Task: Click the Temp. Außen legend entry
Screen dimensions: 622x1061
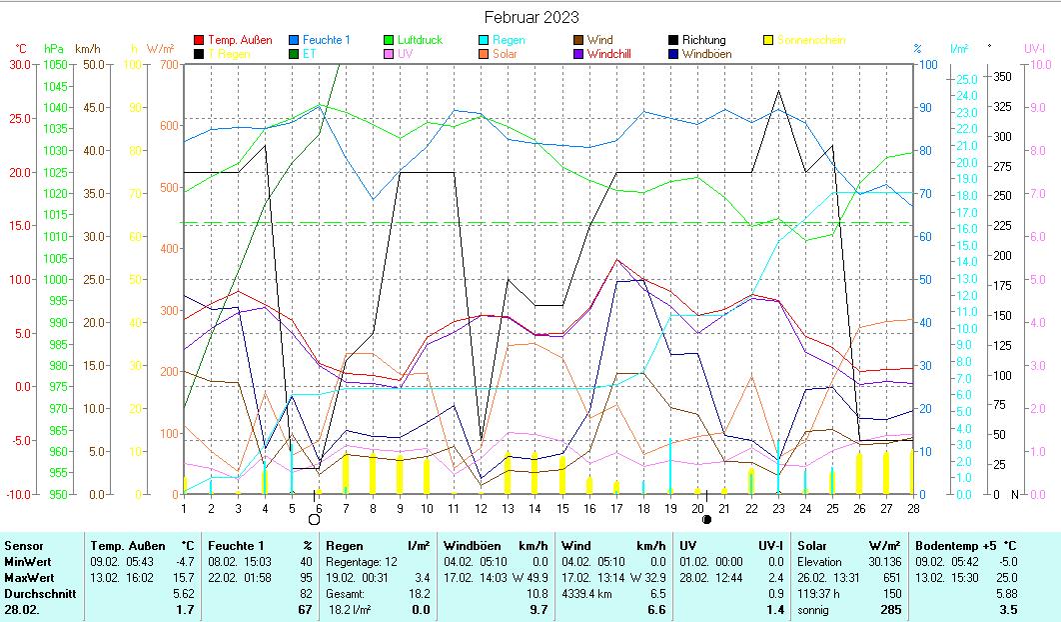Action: [239, 40]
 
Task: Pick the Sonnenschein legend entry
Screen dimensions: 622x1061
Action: [810, 40]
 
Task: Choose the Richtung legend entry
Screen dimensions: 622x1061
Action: [703, 40]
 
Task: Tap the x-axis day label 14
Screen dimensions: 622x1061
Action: [534, 507]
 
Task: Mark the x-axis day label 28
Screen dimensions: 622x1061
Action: [911, 507]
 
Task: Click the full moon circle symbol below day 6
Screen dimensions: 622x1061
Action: [314, 519]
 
